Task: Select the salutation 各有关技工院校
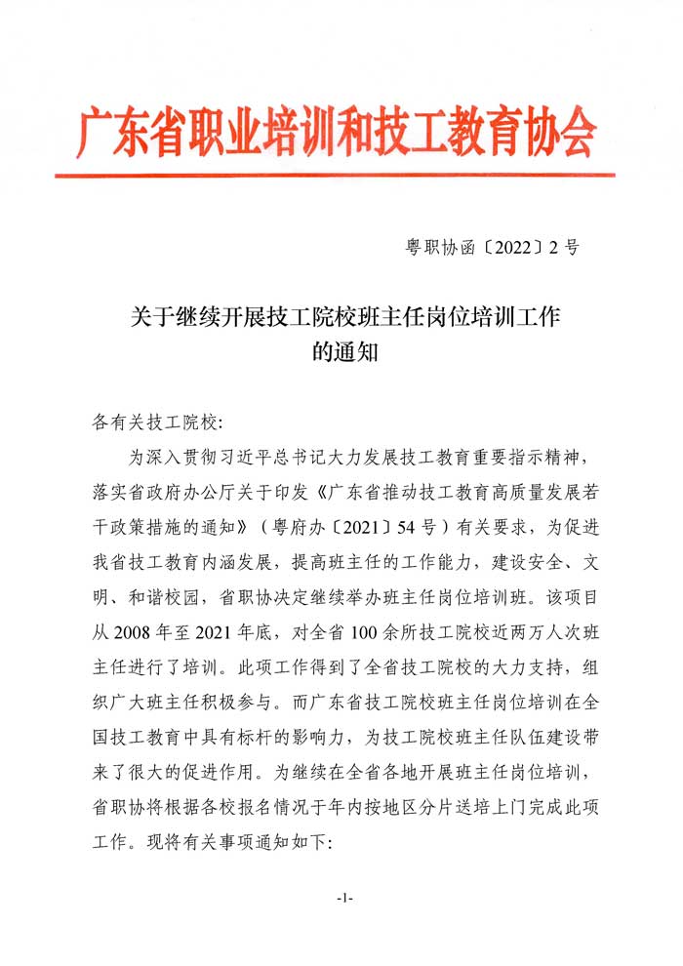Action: pyautogui.click(x=153, y=423)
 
